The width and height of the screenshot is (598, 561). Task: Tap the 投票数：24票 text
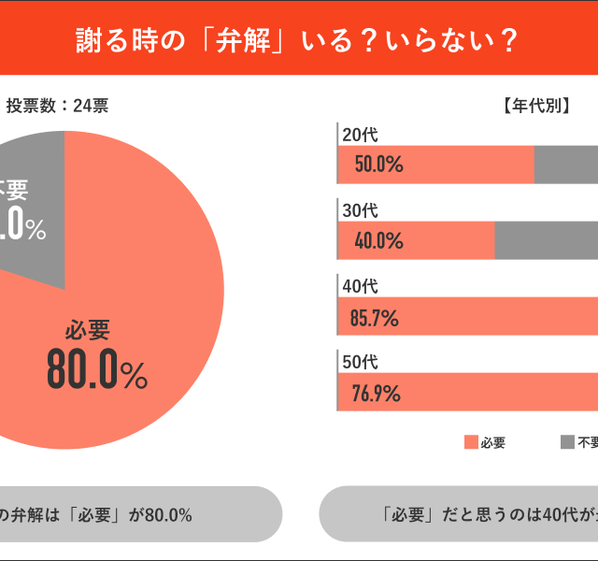coord(57,106)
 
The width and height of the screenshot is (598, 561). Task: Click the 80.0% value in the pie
coord(97,372)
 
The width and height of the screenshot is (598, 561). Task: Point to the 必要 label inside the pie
coord(88,330)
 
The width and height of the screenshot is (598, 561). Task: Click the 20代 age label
coord(361,135)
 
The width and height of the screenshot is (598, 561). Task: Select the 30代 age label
coord(361,210)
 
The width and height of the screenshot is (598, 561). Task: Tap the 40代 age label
coord(361,286)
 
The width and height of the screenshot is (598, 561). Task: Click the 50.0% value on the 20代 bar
coord(378,165)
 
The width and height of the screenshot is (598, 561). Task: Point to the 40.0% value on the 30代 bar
coord(378,241)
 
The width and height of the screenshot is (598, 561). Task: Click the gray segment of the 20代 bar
coord(566,165)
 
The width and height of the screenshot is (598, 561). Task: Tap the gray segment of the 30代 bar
coord(547,241)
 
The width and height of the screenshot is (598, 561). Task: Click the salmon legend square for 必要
coord(471,443)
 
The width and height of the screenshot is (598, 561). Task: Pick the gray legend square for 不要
coord(567,443)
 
